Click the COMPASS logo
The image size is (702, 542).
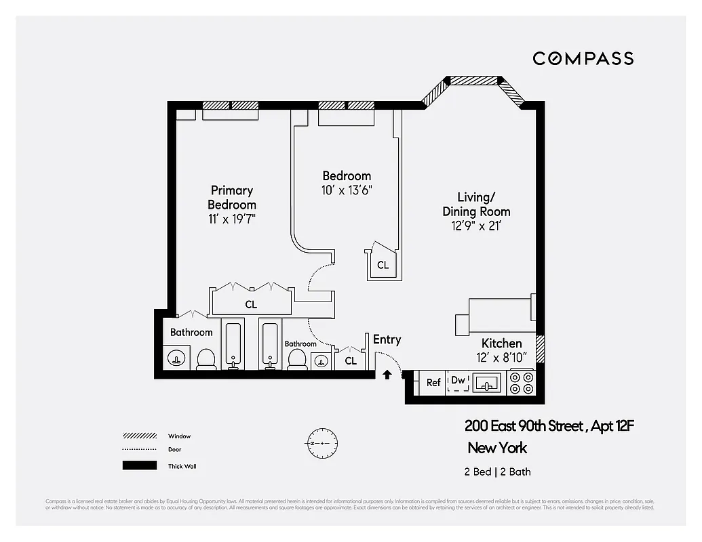[x=583, y=58]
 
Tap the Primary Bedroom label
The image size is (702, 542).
[x=232, y=198]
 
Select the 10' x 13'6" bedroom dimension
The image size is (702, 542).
[x=347, y=190]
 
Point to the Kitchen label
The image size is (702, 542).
[x=501, y=343]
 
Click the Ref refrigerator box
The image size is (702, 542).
[x=433, y=383]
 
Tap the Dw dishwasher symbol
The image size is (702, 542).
[x=459, y=381]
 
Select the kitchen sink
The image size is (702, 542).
[x=486, y=383]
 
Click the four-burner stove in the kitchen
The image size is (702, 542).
[x=522, y=383]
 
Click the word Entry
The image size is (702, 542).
[x=387, y=340]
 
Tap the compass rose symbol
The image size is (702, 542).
[x=317, y=443]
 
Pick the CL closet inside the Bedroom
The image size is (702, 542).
[x=383, y=265]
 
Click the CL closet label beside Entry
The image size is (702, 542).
[x=350, y=361]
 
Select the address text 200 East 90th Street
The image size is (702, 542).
[x=524, y=426]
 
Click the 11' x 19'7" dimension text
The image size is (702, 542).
[x=232, y=219]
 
